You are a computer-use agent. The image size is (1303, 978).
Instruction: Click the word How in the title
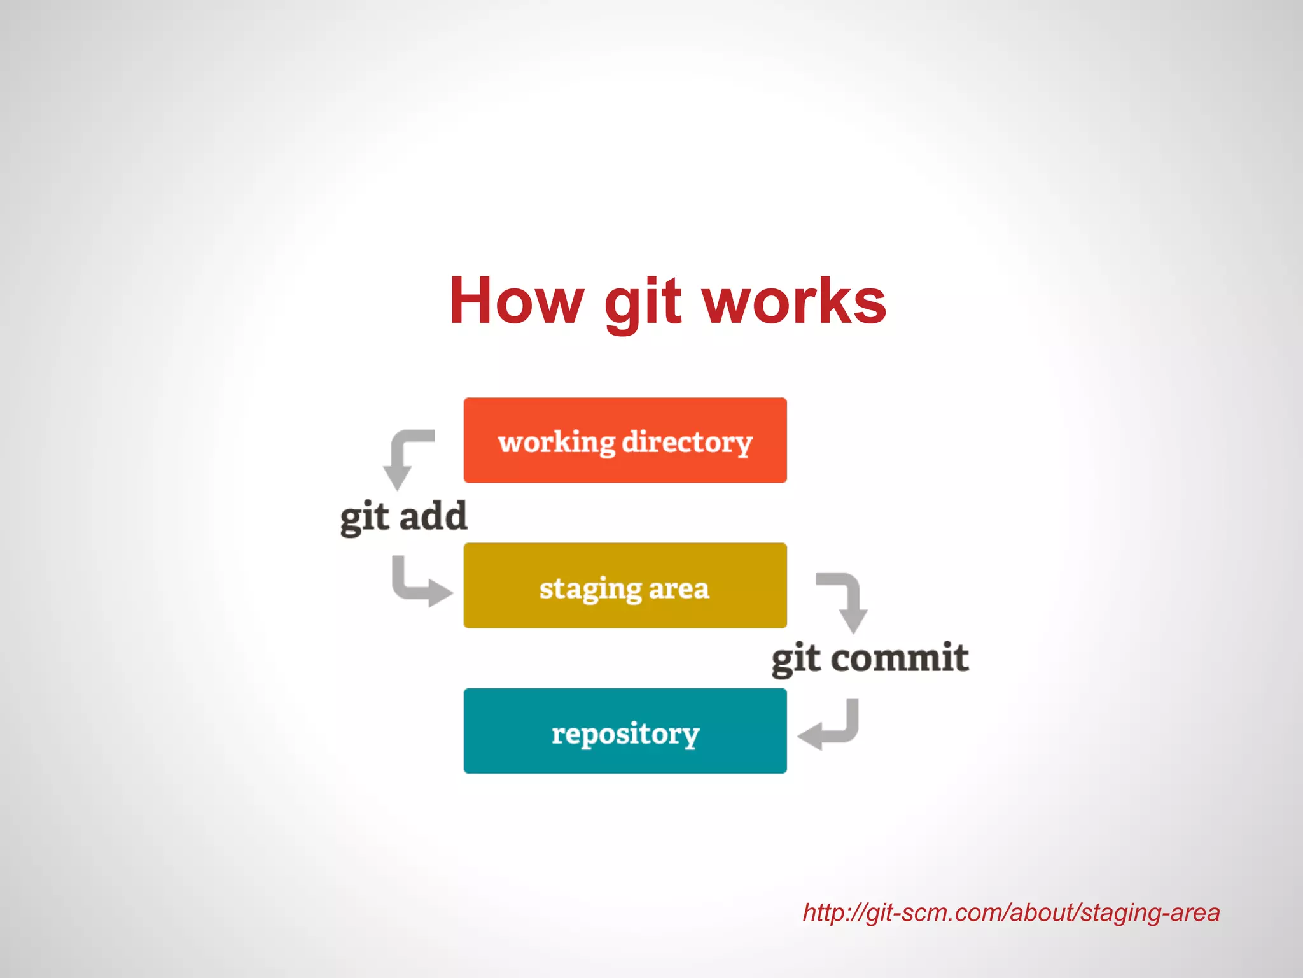[x=516, y=301]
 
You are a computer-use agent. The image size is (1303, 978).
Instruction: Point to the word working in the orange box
[x=556, y=442]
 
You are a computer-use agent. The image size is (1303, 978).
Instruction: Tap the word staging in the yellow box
[x=590, y=588]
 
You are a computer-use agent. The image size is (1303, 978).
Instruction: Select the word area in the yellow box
[x=678, y=588]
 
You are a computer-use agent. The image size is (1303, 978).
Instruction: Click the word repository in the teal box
[x=625, y=733]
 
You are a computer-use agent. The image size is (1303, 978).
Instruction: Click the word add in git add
[x=433, y=516]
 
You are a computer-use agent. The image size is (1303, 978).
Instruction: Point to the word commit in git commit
[x=900, y=658]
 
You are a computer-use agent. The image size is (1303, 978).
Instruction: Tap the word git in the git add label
[x=364, y=517]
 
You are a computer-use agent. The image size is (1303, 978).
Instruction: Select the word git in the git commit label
[x=795, y=659]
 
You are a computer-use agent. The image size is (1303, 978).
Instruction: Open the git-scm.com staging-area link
[x=1011, y=913]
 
